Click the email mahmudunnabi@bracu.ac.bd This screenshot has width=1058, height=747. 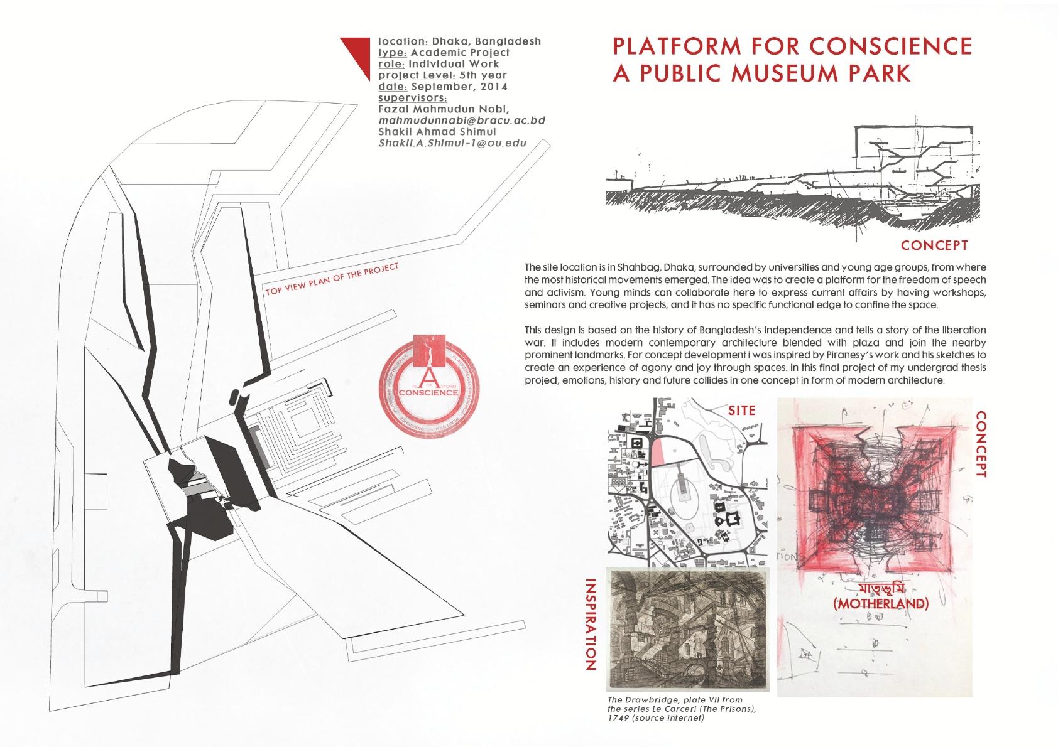462,121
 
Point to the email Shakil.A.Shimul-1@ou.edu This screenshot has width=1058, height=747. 452,143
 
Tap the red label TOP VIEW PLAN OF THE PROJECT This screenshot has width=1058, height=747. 332,279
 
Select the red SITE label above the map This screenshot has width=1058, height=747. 741,411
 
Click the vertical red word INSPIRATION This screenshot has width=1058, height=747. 591,625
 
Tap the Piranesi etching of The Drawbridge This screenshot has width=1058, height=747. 687,628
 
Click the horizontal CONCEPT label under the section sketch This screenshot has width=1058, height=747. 934,245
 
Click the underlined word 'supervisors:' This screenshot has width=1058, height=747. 412,98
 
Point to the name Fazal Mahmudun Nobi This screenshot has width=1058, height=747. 447,109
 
